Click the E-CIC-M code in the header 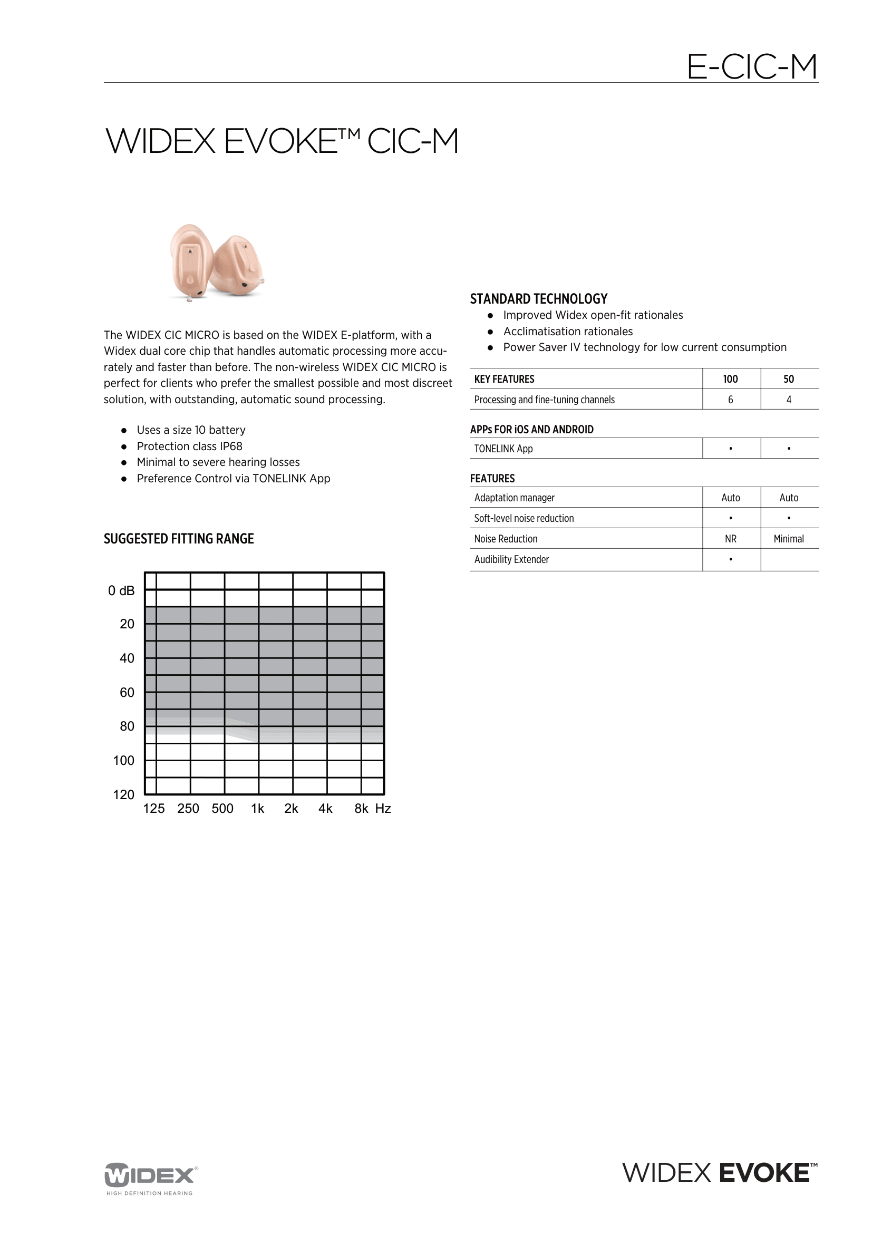point(751,67)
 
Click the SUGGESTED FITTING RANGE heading point(178,539)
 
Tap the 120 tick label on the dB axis point(123,794)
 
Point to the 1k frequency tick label point(257,808)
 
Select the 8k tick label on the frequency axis point(361,808)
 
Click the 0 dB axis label point(121,591)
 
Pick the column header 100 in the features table point(730,379)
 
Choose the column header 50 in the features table point(788,379)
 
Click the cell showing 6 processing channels point(730,400)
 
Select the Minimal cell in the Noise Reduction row point(788,539)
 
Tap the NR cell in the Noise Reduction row point(730,539)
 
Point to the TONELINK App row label point(503,449)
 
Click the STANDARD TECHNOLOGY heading point(539,298)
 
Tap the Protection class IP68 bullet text point(190,446)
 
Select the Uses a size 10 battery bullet point(191,430)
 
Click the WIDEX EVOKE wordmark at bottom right point(720,1173)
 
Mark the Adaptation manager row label point(514,498)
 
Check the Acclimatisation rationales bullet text point(568,332)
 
